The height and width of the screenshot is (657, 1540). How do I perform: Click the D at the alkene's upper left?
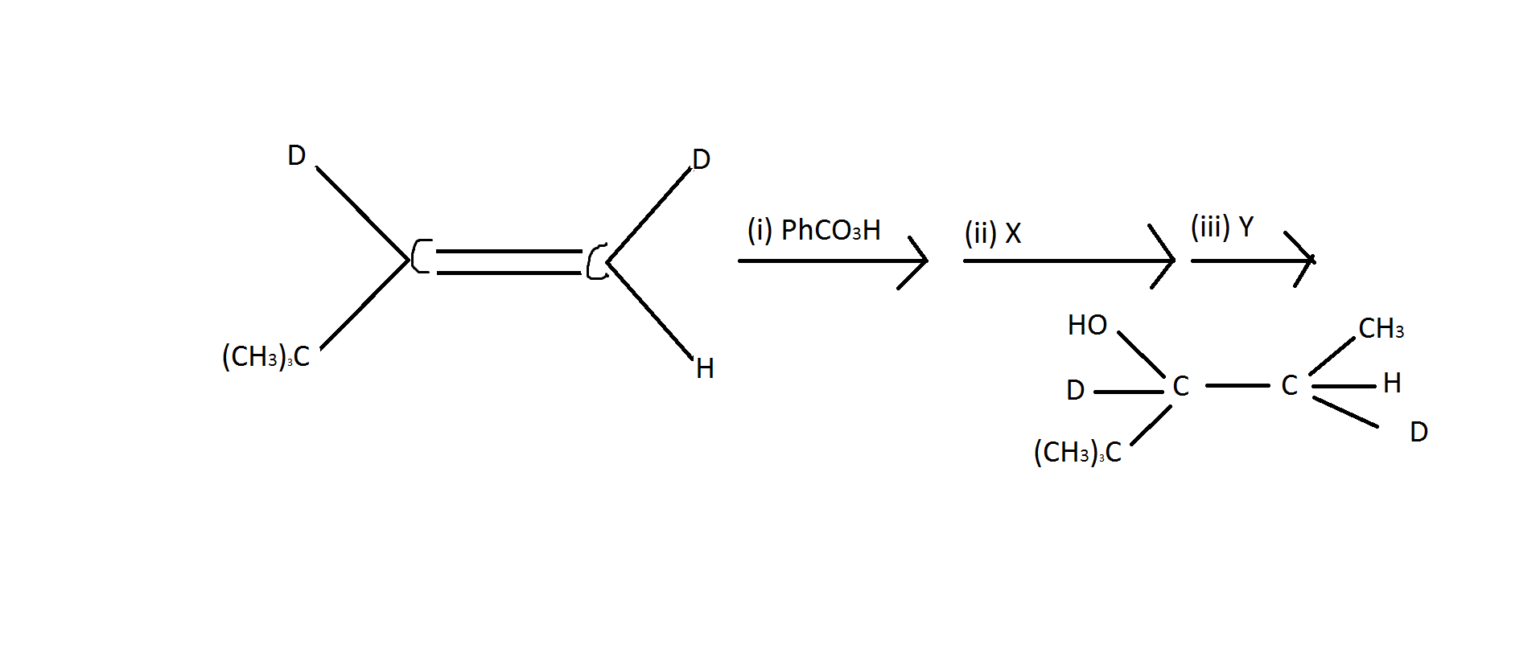[x=296, y=155]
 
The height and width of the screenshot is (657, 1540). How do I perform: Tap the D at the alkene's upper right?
[x=701, y=159]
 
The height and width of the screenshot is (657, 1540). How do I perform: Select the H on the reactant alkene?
[x=705, y=368]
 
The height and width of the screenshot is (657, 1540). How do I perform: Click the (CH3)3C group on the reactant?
[x=266, y=356]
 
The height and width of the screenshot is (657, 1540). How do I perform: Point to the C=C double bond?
[x=509, y=262]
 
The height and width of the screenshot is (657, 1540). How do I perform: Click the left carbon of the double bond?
[x=421, y=256]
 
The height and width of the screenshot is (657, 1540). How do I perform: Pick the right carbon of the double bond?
[x=597, y=261]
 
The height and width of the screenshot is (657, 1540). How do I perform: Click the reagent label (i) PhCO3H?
[x=813, y=230]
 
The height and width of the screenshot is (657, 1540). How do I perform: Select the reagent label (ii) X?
[x=992, y=233]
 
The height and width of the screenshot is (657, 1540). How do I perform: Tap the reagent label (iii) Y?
[x=1221, y=227]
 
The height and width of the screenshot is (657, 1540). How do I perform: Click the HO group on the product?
[x=1087, y=325]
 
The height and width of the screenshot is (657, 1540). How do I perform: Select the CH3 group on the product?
[x=1381, y=328]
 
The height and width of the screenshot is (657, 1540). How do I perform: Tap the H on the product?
[x=1392, y=383]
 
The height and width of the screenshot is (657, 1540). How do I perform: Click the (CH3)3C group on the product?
[x=1077, y=452]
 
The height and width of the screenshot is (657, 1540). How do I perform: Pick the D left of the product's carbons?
[x=1075, y=390]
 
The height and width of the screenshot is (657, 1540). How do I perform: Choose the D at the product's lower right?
[x=1419, y=432]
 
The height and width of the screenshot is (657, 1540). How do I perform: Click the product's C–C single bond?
[x=1237, y=386]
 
